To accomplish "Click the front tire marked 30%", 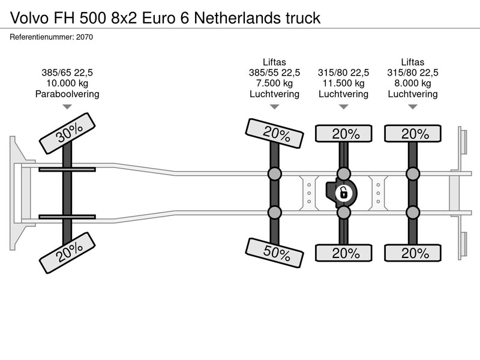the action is (67, 133).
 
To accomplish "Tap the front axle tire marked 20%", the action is (67, 253).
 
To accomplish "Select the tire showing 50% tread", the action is (274, 253).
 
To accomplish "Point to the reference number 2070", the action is (85, 37).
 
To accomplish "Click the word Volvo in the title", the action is (29, 18).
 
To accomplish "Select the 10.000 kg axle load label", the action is (67, 83).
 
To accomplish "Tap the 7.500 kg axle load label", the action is (275, 83).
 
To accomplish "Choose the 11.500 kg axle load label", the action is (343, 83).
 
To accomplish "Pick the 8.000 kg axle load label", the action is (413, 83).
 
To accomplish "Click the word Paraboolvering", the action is (67, 94).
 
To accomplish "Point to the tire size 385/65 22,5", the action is (67, 73).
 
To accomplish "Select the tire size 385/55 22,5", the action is (275, 73).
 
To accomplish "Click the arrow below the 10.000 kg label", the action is (67, 107).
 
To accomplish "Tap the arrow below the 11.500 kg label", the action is (344, 107).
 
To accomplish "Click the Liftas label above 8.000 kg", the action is (413, 62).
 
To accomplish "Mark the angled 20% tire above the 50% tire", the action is (274, 133).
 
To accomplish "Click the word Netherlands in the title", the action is (237, 18).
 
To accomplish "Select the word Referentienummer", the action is (42, 37).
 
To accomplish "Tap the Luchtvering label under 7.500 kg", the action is (275, 94).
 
